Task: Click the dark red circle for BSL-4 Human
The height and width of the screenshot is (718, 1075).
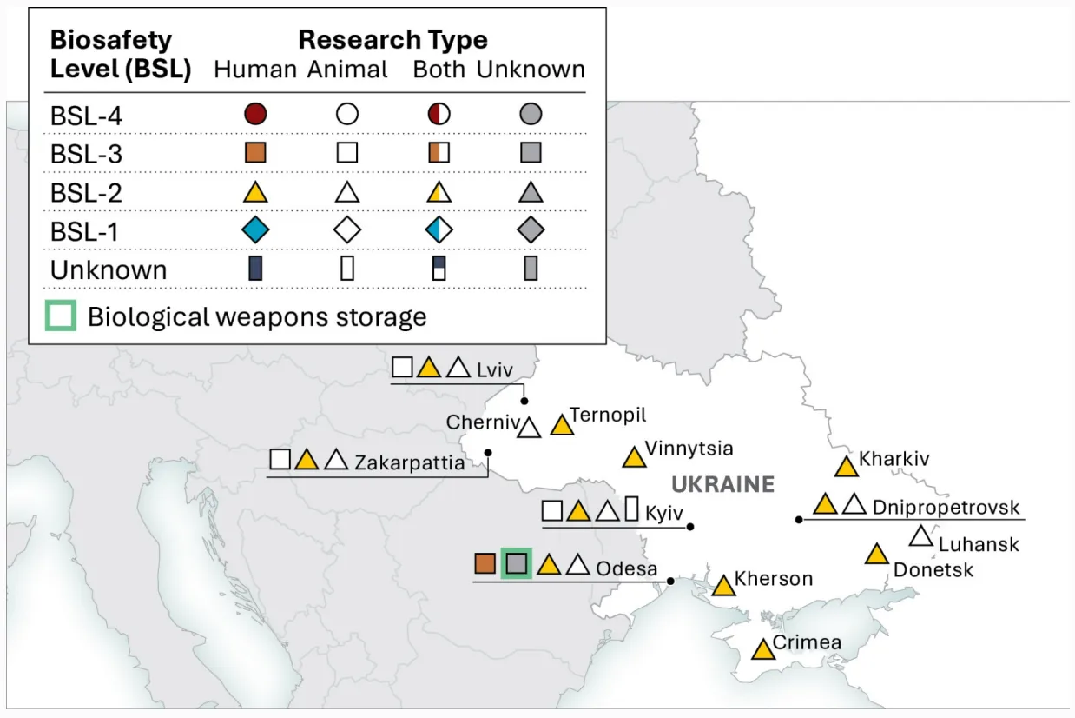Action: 255,114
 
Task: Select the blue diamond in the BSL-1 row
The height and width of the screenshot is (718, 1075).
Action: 255,229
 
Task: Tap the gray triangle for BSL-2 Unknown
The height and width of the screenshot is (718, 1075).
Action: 531,192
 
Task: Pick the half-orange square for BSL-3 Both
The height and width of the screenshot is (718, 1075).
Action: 439,153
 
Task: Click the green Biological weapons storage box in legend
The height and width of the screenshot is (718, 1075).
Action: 61,316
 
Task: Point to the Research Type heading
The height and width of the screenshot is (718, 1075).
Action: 393,39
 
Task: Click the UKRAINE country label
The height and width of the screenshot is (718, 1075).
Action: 722,484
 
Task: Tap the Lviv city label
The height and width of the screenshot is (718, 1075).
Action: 495,369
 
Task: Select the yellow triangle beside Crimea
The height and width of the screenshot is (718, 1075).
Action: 763,650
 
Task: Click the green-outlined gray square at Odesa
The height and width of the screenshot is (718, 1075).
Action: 517,563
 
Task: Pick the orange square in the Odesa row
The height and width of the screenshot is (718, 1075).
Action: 485,563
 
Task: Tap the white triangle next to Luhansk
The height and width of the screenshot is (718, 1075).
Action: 921,537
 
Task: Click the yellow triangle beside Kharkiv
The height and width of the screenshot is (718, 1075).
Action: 846,467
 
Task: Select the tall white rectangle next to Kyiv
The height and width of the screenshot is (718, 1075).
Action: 631,509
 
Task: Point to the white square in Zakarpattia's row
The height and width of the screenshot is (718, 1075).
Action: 280,459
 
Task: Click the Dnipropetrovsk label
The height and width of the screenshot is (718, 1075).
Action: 946,507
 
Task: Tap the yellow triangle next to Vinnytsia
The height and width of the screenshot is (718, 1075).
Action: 634,457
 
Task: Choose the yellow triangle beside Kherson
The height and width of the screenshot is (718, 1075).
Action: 723,586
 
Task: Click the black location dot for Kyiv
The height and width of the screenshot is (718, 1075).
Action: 690,527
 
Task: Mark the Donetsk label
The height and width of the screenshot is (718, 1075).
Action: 933,570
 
